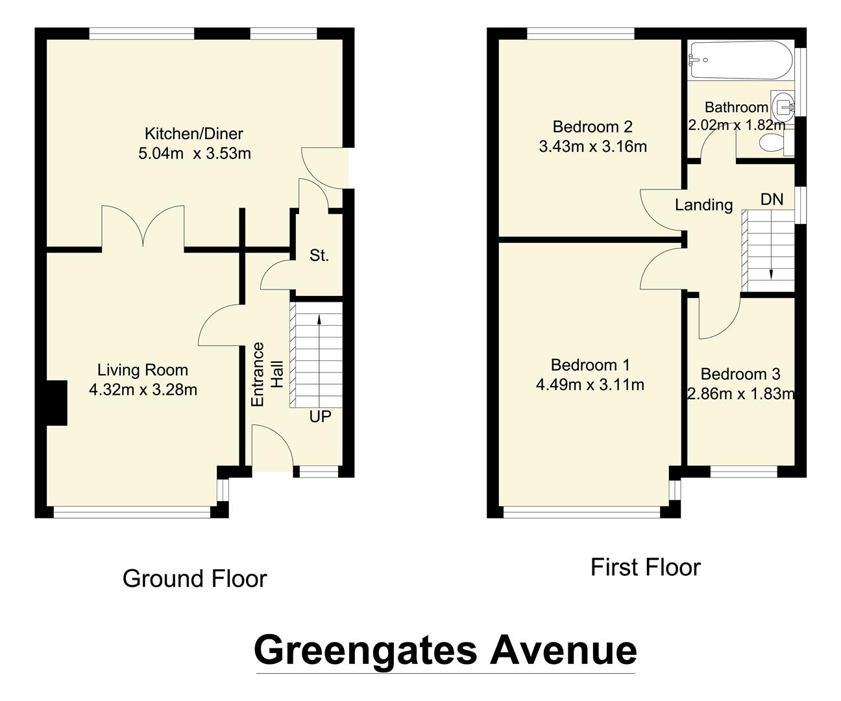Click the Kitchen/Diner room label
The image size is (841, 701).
193,134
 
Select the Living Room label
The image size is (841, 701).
143,370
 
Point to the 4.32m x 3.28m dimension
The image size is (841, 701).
143,390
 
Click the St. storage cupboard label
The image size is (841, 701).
319,256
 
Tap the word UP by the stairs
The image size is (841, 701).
320,417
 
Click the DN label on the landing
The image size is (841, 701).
772,199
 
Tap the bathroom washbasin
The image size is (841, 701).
785,104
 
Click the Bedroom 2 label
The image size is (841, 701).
592,127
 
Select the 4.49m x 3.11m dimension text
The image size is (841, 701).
590,385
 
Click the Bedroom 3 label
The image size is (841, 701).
740,374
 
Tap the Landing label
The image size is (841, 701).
703,205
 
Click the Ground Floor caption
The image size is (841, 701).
195,578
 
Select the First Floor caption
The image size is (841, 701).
646,567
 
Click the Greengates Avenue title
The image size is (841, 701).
445,650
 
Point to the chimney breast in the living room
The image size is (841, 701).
56,402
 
